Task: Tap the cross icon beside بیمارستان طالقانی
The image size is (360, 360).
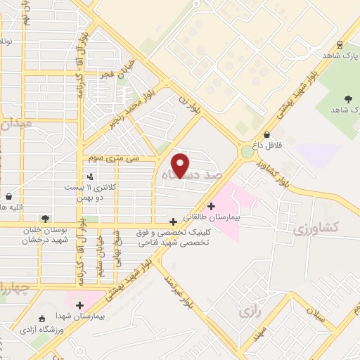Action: [x=211, y=206]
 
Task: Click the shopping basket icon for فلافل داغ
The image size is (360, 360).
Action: [x=266, y=134]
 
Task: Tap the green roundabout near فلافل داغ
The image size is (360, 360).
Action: [x=247, y=151]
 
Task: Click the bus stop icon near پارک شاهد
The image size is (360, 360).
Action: [x=340, y=44]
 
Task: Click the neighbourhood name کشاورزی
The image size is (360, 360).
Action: [x=316, y=227]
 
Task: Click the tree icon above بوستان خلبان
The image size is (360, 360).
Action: [x=46, y=219]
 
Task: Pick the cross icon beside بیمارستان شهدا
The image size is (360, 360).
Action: [x=79, y=305]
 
